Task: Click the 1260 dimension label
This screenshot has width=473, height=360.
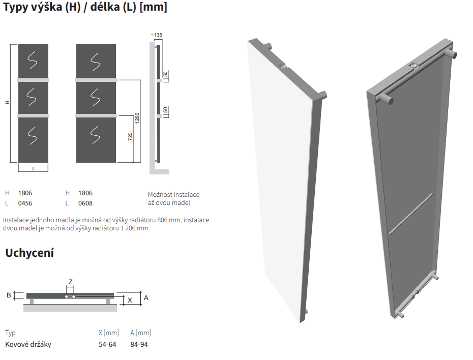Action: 137,118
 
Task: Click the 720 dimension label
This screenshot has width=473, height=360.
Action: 130,137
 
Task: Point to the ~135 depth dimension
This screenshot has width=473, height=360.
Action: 157,35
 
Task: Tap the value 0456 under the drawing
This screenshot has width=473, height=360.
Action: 25,203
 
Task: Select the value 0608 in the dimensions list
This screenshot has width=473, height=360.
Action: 85,203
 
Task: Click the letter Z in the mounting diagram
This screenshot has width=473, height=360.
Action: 70,282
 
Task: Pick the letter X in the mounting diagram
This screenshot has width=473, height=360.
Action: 130,301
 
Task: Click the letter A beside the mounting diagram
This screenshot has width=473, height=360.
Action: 146,297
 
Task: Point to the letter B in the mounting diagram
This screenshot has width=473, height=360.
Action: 9,295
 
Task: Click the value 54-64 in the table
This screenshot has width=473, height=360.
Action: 107,344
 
